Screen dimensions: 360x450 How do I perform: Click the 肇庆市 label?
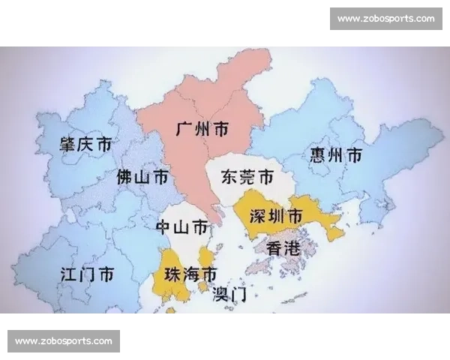86,143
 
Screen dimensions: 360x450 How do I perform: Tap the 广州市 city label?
202,128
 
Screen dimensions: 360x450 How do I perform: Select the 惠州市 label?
335,155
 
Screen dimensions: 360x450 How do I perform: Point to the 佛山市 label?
142,178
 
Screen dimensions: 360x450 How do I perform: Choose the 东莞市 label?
247,178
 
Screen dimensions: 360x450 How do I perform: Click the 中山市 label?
181,226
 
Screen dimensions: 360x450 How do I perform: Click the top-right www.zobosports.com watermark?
385,18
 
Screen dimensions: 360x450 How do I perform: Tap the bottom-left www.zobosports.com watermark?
63,341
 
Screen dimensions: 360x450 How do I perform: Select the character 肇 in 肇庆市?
68,143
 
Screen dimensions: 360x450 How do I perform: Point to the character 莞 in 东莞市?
247,178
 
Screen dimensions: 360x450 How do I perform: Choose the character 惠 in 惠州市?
317,155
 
